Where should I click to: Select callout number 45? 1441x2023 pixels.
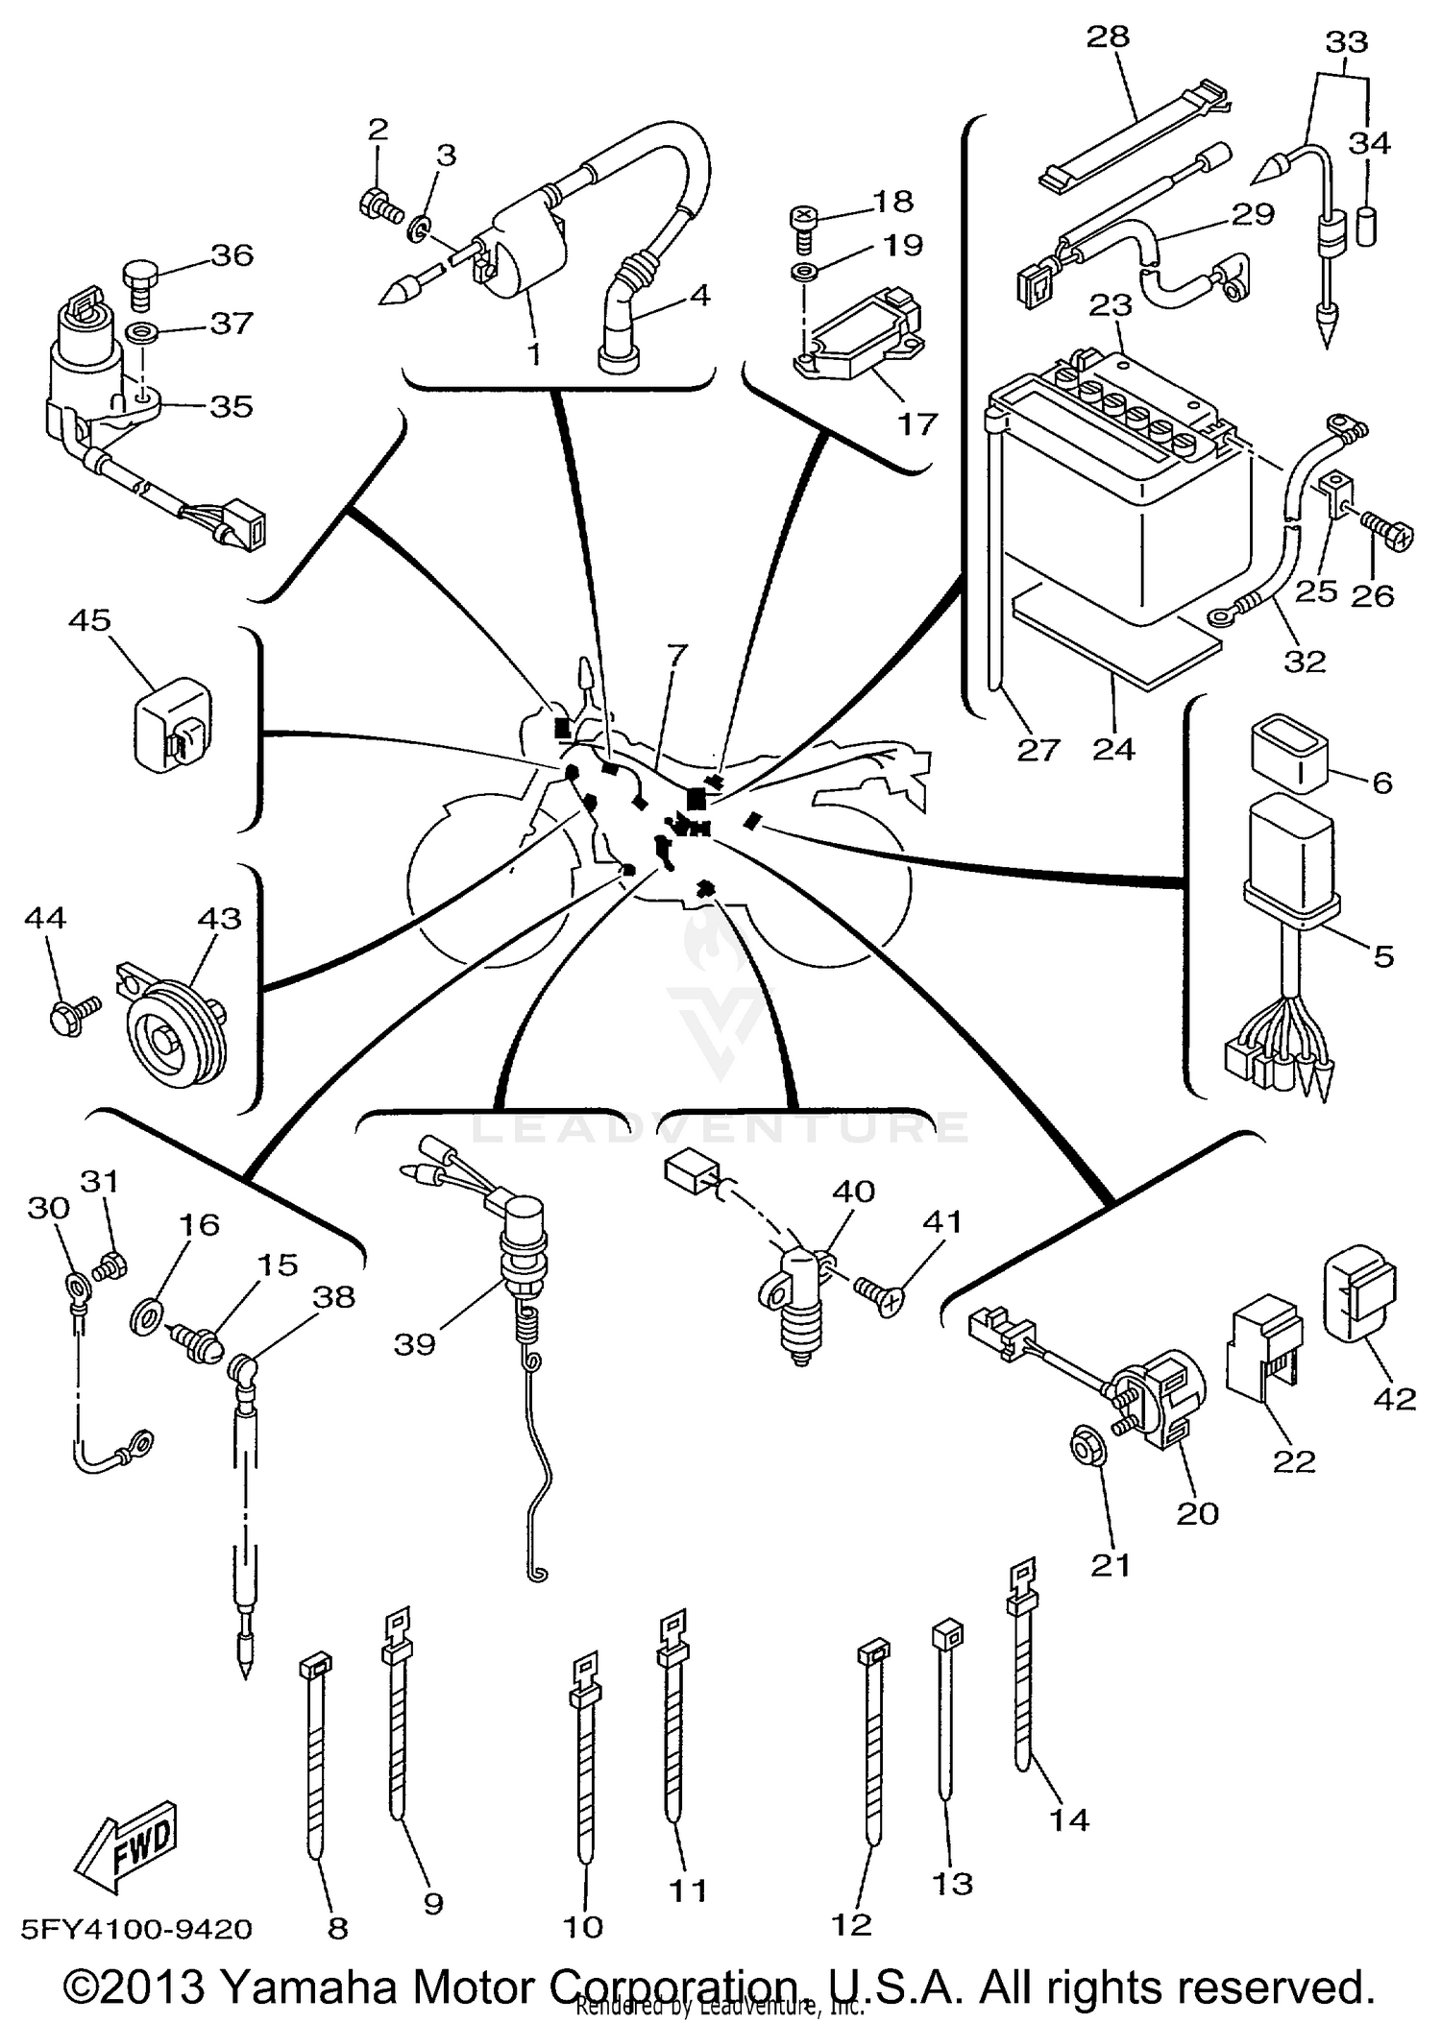(89, 620)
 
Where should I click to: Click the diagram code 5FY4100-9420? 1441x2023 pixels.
(136, 1929)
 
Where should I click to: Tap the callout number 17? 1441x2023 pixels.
(916, 423)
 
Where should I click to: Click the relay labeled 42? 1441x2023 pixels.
(1358, 1291)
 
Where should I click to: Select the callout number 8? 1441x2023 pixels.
(337, 1928)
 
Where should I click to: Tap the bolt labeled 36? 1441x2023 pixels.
(139, 283)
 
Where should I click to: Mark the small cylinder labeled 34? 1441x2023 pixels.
(1368, 227)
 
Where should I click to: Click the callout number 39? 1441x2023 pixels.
(415, 1343)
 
